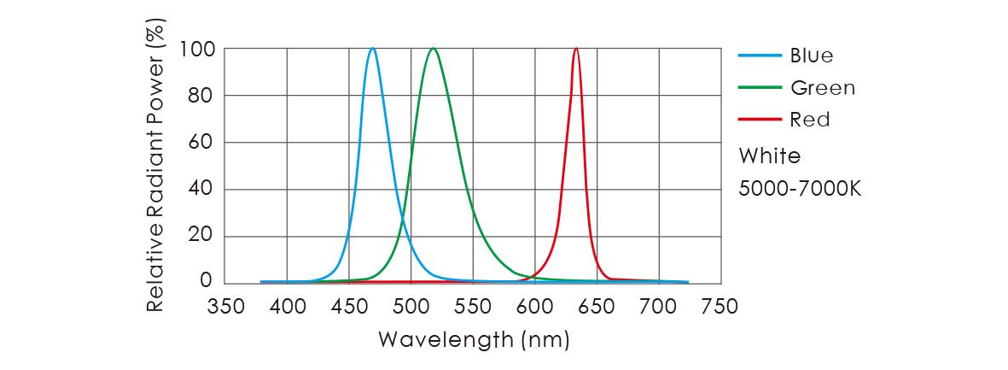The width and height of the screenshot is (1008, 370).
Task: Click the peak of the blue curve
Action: click(373, 49)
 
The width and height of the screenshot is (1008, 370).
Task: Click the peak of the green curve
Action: click(434, 49)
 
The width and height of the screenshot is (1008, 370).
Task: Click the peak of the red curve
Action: click(576, 49)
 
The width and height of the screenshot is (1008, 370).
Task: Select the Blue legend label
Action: click(812, 56)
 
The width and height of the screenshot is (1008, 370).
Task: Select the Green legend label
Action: click(823, 87)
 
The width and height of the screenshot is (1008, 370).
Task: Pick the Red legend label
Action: click(810, 120)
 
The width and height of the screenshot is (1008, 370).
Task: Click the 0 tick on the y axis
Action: click(207, 281)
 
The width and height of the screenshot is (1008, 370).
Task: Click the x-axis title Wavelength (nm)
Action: click(473, 339)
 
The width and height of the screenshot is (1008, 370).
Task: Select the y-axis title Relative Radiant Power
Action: click(154, 167)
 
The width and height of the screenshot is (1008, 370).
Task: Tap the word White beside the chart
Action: click(769, 156)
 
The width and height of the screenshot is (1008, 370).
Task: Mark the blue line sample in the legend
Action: click(760, 56)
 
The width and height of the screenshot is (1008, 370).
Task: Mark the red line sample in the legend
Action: click(760, 120)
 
